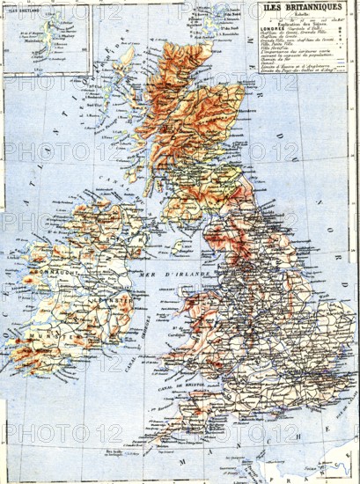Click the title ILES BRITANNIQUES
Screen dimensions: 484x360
click(305, 7)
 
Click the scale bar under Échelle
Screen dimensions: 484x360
click(304, 18)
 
